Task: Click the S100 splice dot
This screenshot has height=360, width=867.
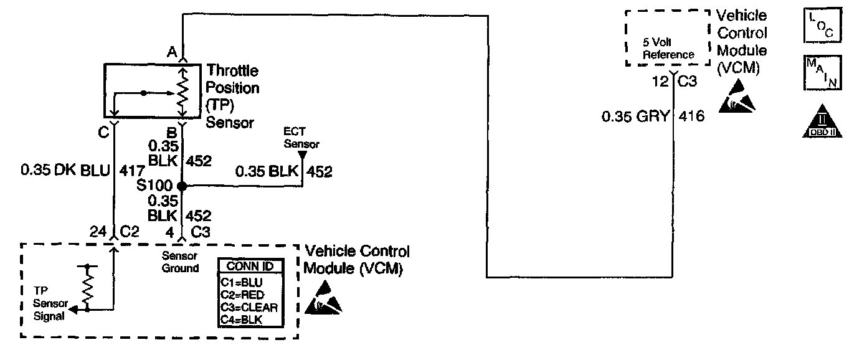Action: click(x=182, y=186)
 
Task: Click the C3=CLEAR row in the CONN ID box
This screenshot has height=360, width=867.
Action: click(x=249, y=307)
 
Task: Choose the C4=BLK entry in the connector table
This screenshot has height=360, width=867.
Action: click(x=242, y=320)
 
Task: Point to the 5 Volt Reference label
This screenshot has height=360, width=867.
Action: click(x=668, y=49)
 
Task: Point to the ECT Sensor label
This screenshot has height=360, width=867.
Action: click(x=301, y=139)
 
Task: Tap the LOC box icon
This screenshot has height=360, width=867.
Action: click(x=822, y=27)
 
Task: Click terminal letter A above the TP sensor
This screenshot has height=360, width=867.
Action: click(x=171, y=52)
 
